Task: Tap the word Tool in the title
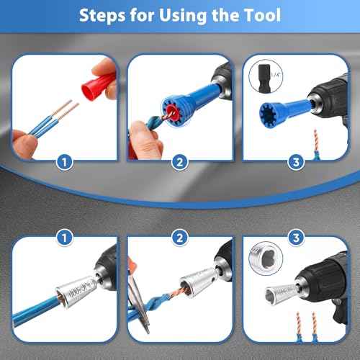[x=257, y=15]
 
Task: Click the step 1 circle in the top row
[x=66, y=163]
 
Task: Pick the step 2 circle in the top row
[x=180, y=163]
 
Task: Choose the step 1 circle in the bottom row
[x=66, y=235]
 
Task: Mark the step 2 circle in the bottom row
[x=180, y=235]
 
